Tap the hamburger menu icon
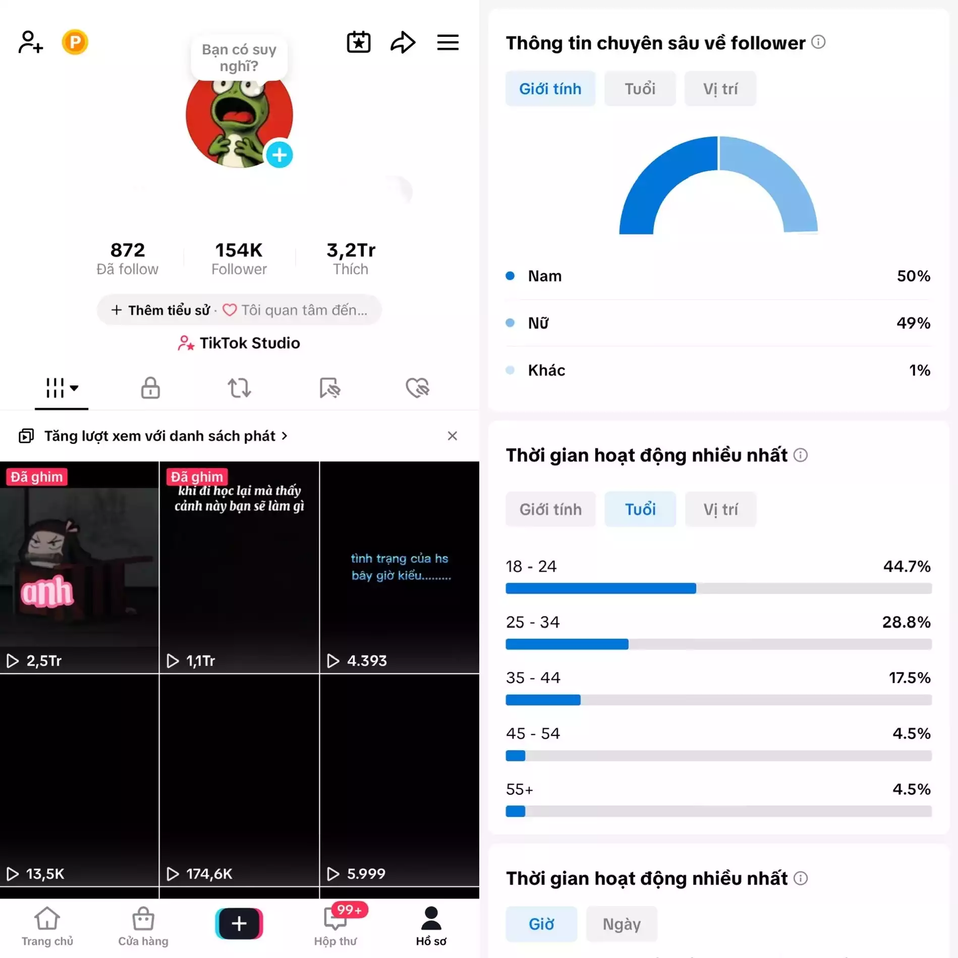(447, 42)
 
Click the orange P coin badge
(75, 42)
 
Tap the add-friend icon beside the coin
(30, 42)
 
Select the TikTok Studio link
(239, 343)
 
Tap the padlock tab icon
(150, 387)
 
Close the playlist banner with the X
(452, 436)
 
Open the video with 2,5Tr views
(79, 567)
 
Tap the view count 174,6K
(209, 874)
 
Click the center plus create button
(239, 923)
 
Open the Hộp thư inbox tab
(335, 926)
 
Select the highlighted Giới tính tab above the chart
(550, 89)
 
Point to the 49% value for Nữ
(913, 323)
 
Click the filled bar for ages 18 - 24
(600, 588)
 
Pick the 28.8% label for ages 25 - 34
(906, 622)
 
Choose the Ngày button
(622, 924)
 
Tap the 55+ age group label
(519, 789)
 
